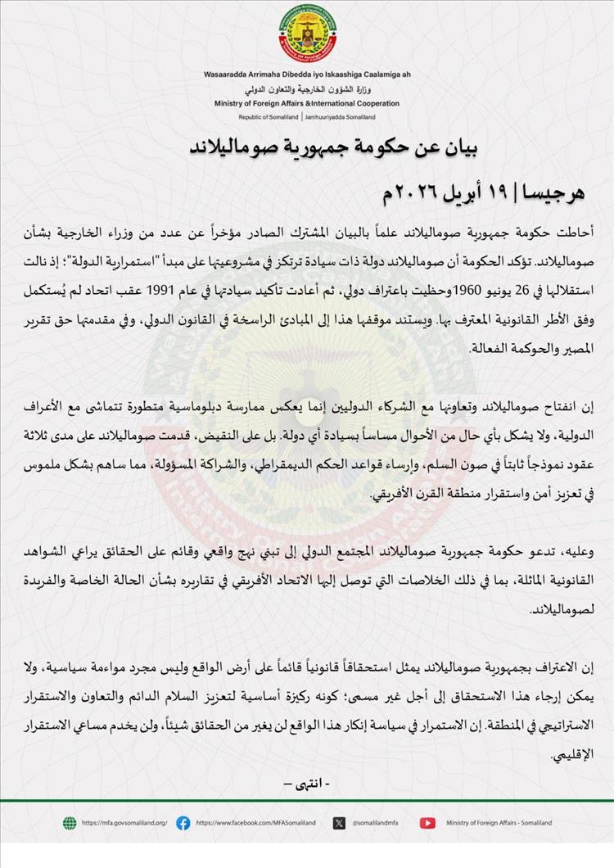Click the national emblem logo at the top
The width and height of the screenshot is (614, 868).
(306, 35)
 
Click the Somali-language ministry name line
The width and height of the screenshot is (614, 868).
(306, 75)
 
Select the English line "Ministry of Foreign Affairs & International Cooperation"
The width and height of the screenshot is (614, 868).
(306, 104)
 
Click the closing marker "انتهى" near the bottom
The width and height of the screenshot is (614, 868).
(307, 784)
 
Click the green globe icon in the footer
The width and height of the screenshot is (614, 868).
(70, 823)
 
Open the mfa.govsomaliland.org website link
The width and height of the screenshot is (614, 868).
(124, 823)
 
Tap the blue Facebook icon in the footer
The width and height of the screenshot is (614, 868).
(183, 823)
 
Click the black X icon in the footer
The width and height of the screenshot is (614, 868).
(339, 823)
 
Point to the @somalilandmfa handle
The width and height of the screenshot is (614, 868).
(379, 823)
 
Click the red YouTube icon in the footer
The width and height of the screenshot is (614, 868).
(427, 823)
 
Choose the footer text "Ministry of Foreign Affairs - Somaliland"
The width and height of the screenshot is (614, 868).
(499, 823)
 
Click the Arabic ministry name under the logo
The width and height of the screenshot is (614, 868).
(306, 89)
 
